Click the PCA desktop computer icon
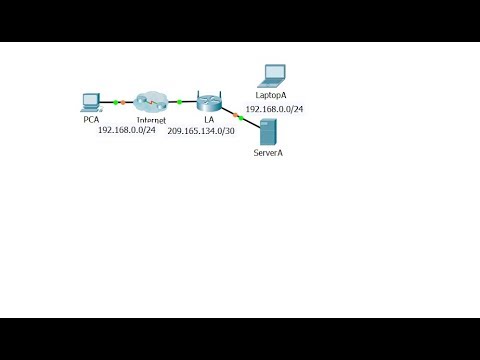tap(91, 101)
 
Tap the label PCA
tap(91, 120)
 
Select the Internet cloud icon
tap(151, 101)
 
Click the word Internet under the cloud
tap(151, 120)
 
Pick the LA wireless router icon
tap(209, 101)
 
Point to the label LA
tap(209, 120)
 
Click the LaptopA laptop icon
tap(272, 75)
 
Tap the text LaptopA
tap(271, 94)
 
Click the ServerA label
tap(269, 155)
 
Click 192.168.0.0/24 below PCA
tap(127, 131)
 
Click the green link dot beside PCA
tap(115, 102)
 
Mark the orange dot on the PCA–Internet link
tap(123, 102)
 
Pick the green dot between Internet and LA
tap(179, 102)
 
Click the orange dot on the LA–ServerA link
tap(238, 116)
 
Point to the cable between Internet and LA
tap(186, 102)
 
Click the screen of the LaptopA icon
tap(273, 72)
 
